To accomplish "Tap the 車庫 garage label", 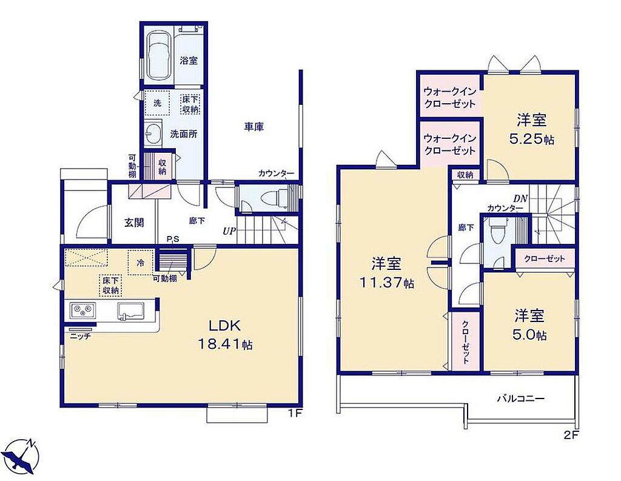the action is coord(254,127).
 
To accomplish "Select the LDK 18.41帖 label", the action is coord(225,335).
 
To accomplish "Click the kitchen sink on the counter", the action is coord(130,311).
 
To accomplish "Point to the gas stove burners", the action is coord(82,310).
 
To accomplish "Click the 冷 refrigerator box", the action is coord(140,262).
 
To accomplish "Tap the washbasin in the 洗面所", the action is coord(153,133).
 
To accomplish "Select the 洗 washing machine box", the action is coord(157,103).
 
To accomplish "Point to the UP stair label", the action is coord(229,231).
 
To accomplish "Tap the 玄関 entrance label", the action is coord(134,223).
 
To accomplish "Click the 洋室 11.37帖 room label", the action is coord(386,273).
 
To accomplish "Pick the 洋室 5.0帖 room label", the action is coord(530,325).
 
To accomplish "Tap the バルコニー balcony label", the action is coord(521,398).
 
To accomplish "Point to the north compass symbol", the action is coord(23,456).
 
